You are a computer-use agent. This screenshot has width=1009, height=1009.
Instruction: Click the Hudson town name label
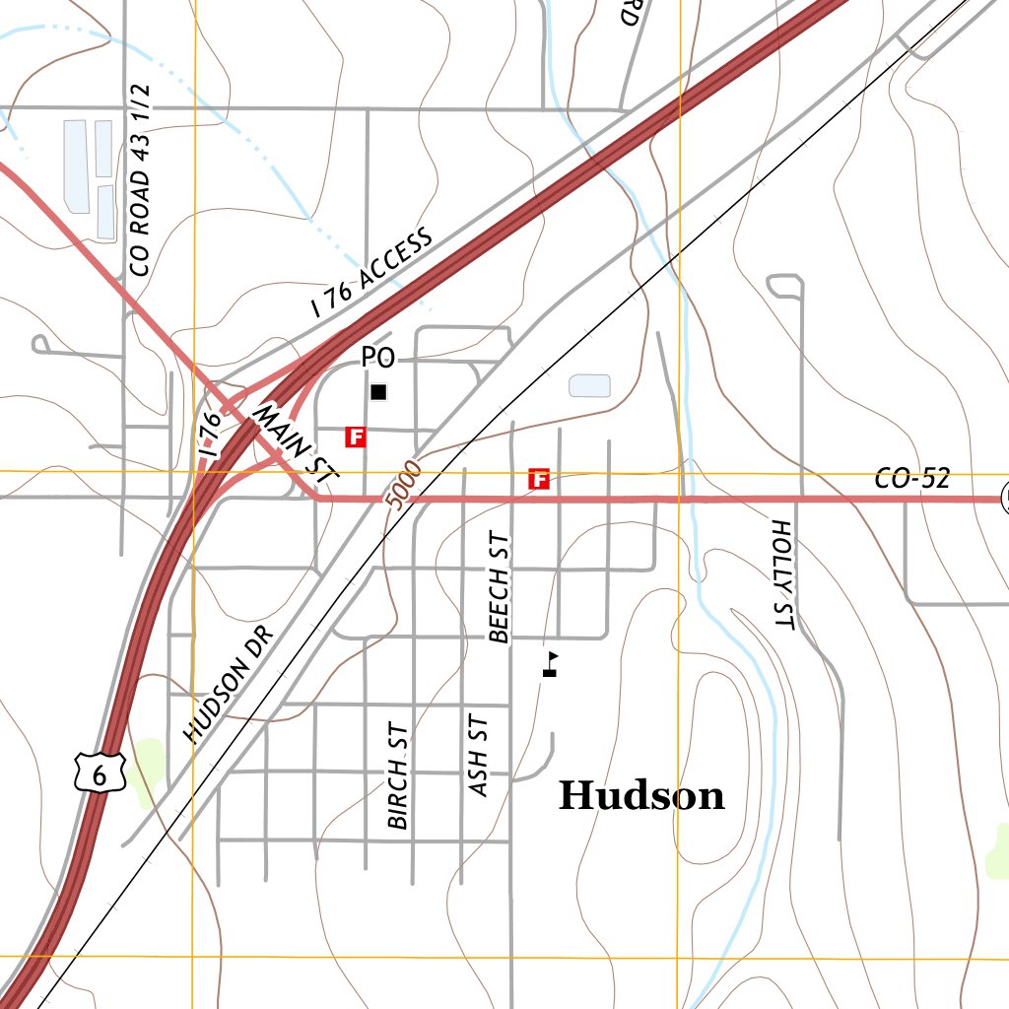tap(641, 795)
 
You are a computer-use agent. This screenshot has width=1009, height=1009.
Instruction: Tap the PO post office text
tap(377, 358)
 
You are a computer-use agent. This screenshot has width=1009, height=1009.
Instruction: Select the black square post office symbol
tap(378, 392)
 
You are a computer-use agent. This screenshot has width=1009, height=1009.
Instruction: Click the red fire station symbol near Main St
tap(356, 437)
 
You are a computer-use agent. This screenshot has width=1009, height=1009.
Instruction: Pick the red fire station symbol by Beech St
tap(539, 480)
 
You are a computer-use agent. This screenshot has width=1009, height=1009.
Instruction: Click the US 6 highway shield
tap(99, 772)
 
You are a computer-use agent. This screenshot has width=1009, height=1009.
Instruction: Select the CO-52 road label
tap(911, 480)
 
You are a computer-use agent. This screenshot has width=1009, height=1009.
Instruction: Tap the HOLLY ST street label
tap(782, 573)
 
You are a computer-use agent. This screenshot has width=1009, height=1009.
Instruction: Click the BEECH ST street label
tap(501, 588)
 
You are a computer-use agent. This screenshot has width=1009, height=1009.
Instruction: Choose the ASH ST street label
tap(480, 756)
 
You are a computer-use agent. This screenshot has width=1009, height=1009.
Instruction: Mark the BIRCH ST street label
tap(398, 780)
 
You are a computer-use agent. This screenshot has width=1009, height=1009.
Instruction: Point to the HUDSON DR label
tap(226, 684)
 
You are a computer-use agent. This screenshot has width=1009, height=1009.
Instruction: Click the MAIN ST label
tap(296, 443)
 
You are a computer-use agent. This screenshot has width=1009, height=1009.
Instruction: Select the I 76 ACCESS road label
tap(371, 272)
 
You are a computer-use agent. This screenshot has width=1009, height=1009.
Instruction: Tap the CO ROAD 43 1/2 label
tap(140, 179)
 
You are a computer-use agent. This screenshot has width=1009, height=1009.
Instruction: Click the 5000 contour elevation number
tap(404, 484)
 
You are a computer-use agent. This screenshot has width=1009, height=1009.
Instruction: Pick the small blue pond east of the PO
tap(589, 385)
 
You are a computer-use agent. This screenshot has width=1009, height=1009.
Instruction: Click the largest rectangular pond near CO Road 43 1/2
tap(76, 166)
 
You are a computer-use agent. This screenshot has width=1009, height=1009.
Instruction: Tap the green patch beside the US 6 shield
tap(146, 769)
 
